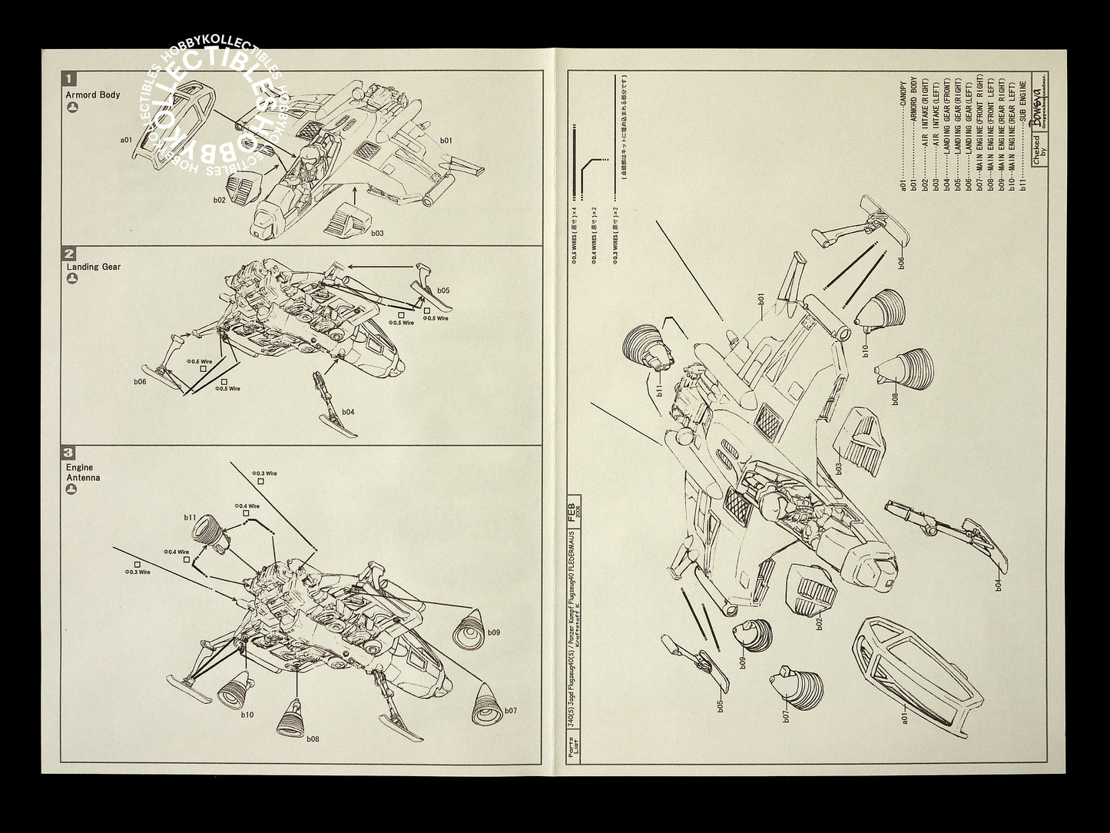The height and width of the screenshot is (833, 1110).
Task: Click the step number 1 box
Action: point(71,78)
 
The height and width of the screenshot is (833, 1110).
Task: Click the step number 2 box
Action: point(71,254)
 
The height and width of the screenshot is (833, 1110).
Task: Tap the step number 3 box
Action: point(71,453)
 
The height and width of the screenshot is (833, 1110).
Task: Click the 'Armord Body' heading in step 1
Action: point(93,95)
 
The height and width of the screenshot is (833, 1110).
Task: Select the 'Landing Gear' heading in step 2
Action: point(93,267)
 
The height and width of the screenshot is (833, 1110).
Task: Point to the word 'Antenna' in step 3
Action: point(83,477)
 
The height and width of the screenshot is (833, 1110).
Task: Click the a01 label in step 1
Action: point(127,141)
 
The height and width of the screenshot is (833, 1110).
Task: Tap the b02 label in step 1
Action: point(220,199)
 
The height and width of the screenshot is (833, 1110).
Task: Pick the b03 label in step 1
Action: point(377,231)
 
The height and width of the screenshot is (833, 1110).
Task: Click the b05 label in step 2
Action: point(443,290)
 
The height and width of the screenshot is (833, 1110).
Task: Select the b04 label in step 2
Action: point(348,412)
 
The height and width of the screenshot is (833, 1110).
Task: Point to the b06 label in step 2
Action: point(140,381)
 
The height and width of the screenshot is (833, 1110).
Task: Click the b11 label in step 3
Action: point(191,518)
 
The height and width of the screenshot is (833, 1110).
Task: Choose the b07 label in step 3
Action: point(510,711)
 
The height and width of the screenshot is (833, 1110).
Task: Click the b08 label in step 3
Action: point(313,739)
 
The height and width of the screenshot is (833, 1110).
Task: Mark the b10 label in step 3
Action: point(247,715)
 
